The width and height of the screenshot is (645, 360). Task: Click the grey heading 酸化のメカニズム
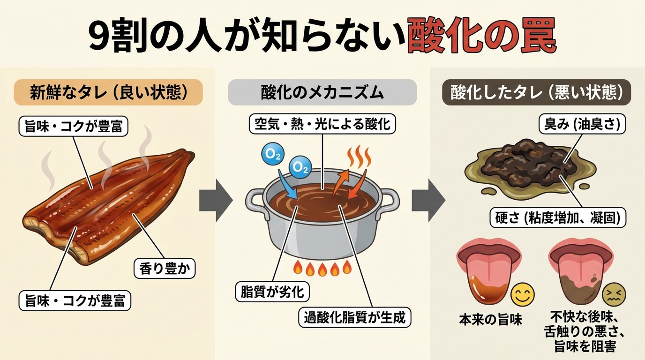tap(322, 92)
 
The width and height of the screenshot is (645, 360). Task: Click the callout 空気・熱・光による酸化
tap(322, 124)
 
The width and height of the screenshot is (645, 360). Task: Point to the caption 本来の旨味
tap(490, 320)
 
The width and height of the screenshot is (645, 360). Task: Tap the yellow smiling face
tap(523, 294)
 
